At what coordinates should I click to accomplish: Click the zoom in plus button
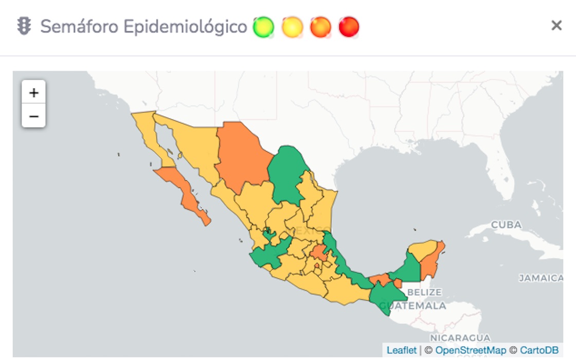[34, 93]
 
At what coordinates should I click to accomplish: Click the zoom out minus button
[34, 116]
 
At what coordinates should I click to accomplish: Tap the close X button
[556, 26]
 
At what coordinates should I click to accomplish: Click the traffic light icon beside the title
[24, 26]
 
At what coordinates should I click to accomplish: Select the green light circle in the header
[264, 27]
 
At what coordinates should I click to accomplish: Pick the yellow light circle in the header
[292, 27]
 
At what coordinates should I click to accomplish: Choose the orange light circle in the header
[320, 27]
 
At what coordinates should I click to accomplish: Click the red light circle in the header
[349, 27]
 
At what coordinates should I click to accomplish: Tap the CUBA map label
[506, 225]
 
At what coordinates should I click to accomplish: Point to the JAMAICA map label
[541, 278]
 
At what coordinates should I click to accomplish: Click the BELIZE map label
[424, 292]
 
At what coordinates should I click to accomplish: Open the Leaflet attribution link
[402, 350]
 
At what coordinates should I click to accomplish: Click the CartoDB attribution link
[539, 350]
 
